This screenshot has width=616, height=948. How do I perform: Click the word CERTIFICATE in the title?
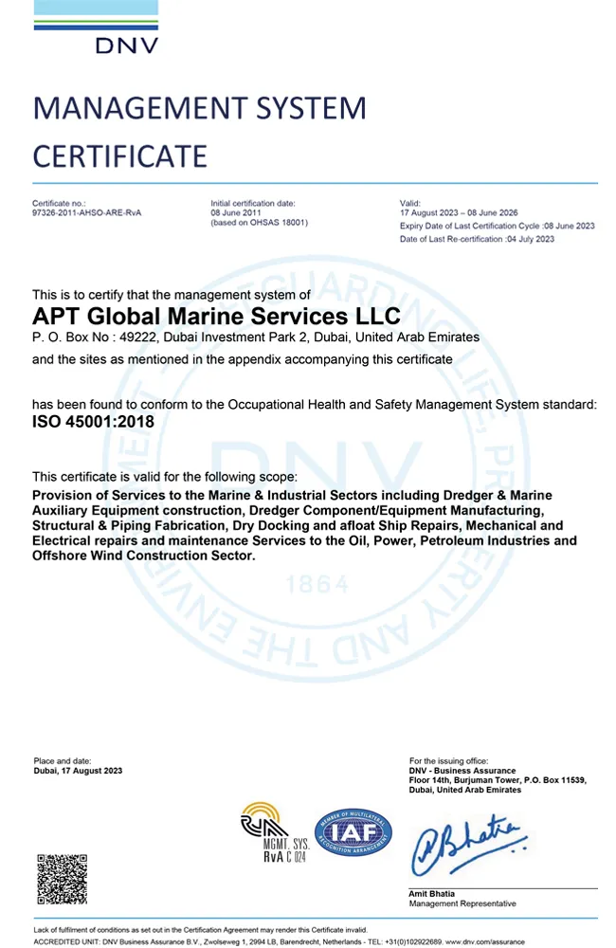pyautogui.click(x=119, y=155)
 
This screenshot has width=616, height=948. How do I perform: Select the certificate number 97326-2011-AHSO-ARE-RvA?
pyautogui.click(x=87, y=213)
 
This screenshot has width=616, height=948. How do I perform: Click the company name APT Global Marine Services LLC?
pyautogui.click(x=216, y=316)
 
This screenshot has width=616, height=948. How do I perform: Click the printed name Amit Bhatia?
pyautogui.click(x=432, y=894)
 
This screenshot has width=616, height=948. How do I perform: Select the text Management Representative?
pyautogui.click(x=462, y=904)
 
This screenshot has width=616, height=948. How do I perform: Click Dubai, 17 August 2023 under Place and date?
pyautogui.click(x=78, y=771)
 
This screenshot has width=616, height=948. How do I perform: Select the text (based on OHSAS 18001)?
pyautogui.click(x=259, y=223)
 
